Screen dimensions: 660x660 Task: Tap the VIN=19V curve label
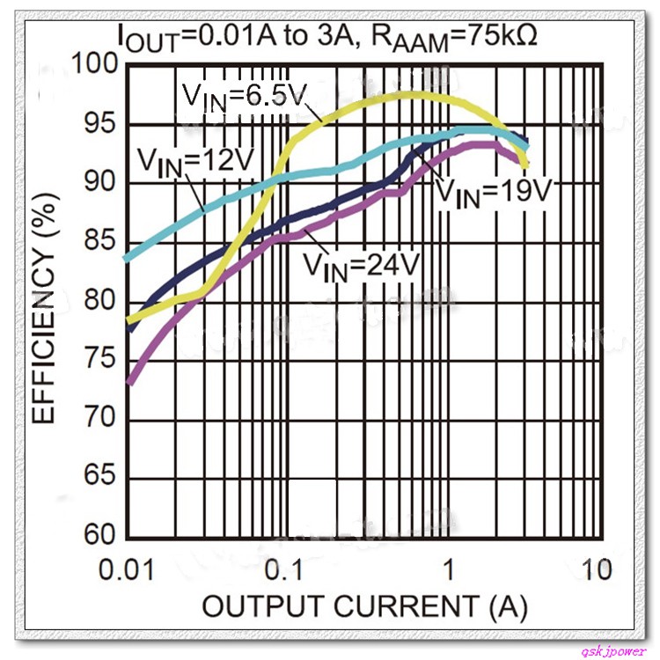click(x=493, y=190)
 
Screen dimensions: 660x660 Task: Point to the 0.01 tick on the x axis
click(x=128, y=569)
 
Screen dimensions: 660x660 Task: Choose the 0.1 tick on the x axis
click(x=285, y=569)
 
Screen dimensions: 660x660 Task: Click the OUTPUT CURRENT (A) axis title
click(x=364, y=606)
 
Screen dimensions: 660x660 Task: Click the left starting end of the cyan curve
click(x=128, y=258)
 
